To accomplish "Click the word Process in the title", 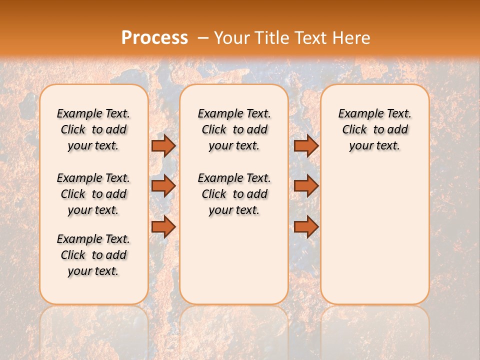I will [154, 38].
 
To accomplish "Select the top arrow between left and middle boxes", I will [163, 145].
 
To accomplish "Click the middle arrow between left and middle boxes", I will [163, 186].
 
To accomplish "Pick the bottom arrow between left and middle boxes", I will [163, 226].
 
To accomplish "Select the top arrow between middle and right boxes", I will [306, 145].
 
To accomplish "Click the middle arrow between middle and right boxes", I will [306, 186].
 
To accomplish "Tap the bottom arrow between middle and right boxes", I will [306, 226].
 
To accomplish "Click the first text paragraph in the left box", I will [93, 129].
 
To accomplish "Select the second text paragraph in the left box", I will [93, 194].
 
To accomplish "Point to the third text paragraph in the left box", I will [93, 255].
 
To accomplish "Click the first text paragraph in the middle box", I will [234, 129].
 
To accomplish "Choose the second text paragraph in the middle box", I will [234, 194].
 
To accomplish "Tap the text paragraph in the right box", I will [374, 129].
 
